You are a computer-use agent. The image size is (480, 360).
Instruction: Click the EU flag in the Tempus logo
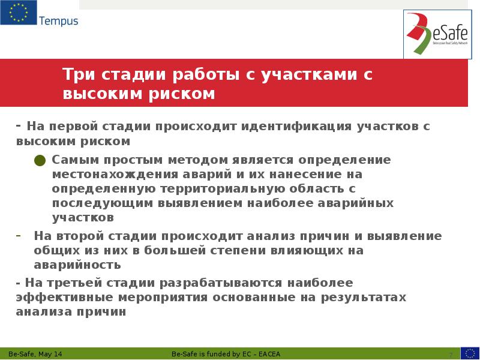click(18, 13)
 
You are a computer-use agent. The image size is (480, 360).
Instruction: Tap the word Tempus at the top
click(58, 21)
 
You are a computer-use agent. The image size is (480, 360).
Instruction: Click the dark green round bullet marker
click(40, 160)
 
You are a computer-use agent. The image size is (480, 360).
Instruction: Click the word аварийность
click(77, 265)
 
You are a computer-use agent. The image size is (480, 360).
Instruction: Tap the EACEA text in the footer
click(268, 354)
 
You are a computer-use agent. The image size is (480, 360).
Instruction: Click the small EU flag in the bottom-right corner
click(470, 353)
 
